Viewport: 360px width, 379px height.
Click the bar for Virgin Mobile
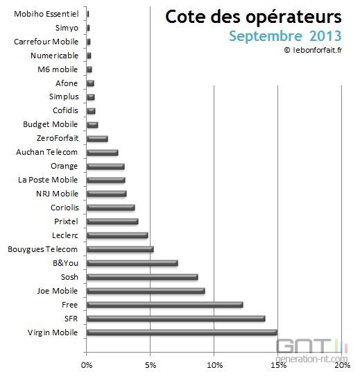tap(182, 332)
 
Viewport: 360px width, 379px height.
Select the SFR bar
tap(175, 319)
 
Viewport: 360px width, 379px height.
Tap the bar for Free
tap(164, 305)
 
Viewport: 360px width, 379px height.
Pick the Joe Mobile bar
tap(146, 291)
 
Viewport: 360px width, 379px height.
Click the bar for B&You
tap(132, 263)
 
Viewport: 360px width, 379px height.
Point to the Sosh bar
tap(142, 277)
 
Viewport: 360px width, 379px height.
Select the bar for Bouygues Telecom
tap(120, 249)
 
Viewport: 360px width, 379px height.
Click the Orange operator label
tap(64, 166)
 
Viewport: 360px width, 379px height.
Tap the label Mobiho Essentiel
tap(46, 13)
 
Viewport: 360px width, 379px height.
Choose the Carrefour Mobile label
tap(46, 41)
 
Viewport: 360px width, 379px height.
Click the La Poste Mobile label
tap(48, 180)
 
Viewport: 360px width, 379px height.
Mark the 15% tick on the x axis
tap(277, 365)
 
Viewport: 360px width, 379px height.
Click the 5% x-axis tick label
tap(151, 365)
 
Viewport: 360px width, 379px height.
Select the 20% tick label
tap(341, 365)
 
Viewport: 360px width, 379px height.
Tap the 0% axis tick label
tap(87, 365)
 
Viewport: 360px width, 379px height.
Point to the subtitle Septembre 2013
tap(286, 35)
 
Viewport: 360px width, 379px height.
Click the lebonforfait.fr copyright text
tap(314, 50)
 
